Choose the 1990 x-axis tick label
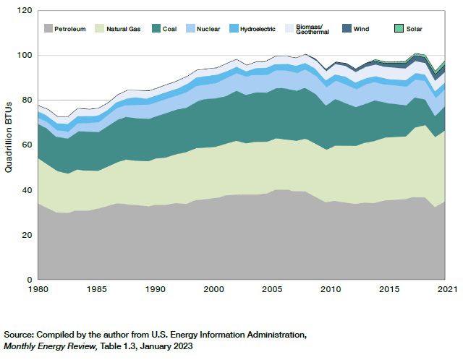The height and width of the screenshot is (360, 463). coord(155,290)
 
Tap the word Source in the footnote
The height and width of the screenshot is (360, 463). coord(20,335)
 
